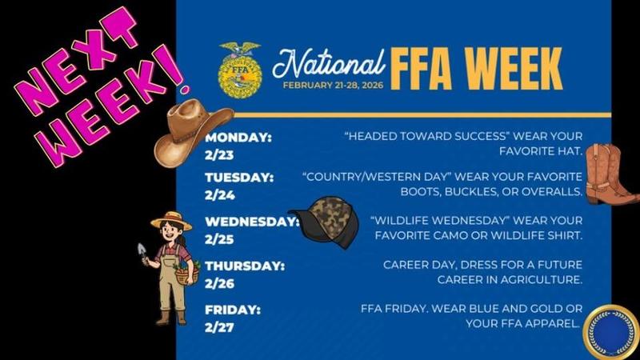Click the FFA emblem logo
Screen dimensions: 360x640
tap(239, 70)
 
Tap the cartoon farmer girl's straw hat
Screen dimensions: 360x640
tap(172, 218)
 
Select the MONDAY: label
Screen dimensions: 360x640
tap(238, 137)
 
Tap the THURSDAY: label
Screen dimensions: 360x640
tap(244, 266)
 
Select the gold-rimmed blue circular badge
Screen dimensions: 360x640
tap(610, 330)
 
